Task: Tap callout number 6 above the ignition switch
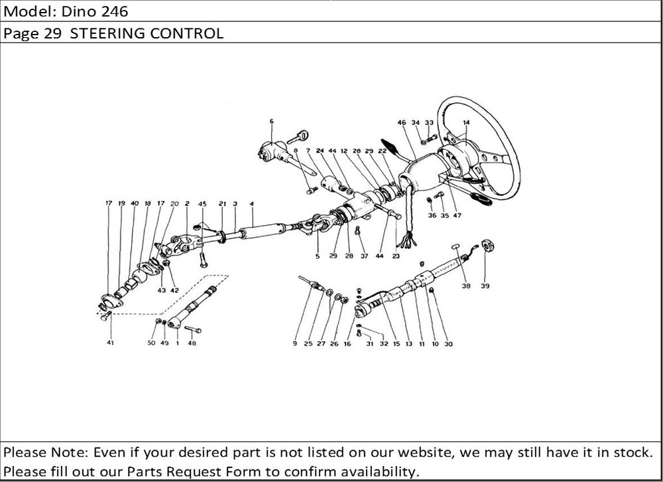tap(271, 121)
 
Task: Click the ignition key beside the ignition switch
tap(298, 137)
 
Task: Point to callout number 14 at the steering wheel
tap(466, 123)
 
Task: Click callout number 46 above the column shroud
tap(402, 122)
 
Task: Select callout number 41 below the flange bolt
tap(110, 343)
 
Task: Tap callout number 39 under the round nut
tap(485, 286)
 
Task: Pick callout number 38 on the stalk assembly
tap(466, 286)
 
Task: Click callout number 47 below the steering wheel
tap(457, 215)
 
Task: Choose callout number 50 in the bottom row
tap(151, 343)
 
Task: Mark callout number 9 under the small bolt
tap(295, 343)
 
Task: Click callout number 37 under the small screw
tap(365, 256)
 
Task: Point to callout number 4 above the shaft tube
tap(251, 204)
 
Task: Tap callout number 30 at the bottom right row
tap(448, 344)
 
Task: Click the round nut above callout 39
tap(489, 246)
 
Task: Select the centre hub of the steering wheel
tap(457, 157)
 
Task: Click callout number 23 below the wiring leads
tap(396, 256)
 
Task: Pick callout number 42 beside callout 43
tap(174, 291)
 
